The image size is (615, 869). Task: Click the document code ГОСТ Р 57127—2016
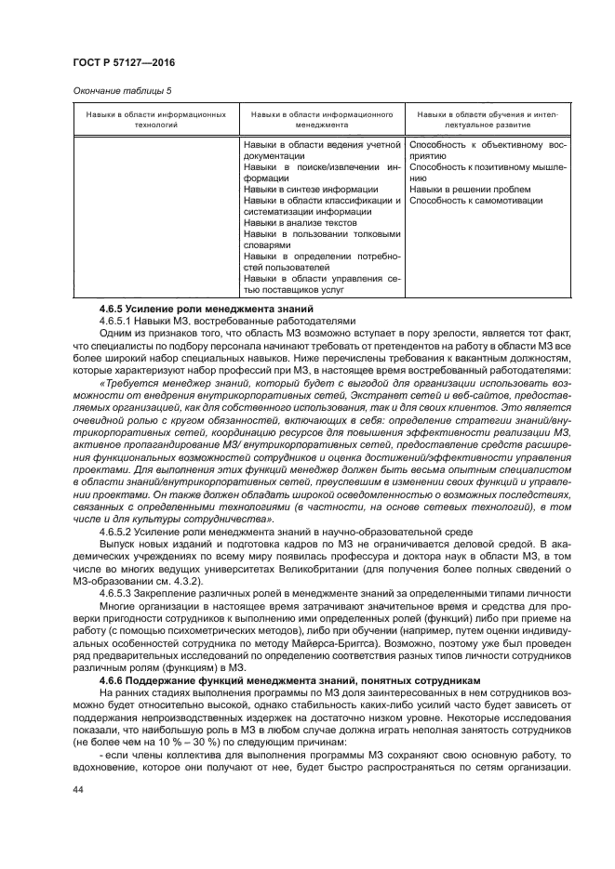pyautogui.click(x=124, y=62)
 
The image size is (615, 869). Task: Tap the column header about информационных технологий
pyautogui.click(x=155, y=119)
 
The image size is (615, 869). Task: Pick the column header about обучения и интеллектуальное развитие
pyautogui.click(x=487, y=119)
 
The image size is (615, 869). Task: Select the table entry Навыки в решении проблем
pyautogui.click(x=461, y=189)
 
